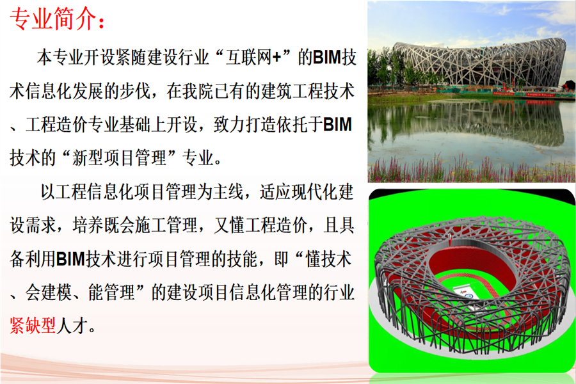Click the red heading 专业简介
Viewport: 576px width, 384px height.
point(52,19)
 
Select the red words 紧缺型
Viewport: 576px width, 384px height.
point(33,326)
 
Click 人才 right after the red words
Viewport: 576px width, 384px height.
point(72,326)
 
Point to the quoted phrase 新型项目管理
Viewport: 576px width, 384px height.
point(119,158)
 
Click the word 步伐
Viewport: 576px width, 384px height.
point(135,91)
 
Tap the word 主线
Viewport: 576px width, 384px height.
point(228,192)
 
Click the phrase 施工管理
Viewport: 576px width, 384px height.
point(166,225)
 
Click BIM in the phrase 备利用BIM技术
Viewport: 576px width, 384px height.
point(71,259)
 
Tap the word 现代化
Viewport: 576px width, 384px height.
point(307,192)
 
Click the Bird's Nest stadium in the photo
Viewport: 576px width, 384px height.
point(477,63)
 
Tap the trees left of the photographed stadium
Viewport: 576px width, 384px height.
point(382,70)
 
